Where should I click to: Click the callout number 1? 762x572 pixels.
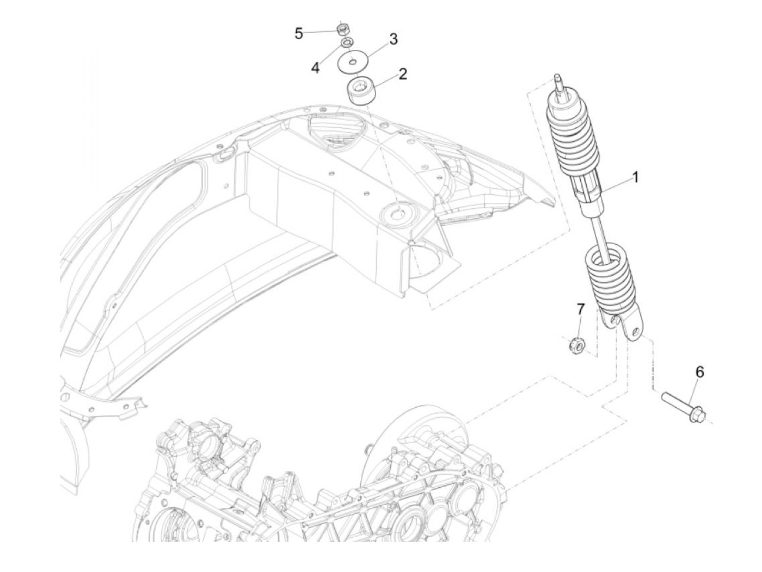(635, 177)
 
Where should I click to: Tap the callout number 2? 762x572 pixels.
(403, 73)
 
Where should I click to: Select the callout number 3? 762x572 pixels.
(393, 39)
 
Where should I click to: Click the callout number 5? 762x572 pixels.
(298, 34)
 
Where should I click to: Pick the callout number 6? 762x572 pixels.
(699, 372)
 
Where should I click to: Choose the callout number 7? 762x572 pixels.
(580, 309)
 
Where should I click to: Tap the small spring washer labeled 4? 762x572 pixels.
(346, 42)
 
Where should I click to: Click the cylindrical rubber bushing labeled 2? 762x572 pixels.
(360, 91)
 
